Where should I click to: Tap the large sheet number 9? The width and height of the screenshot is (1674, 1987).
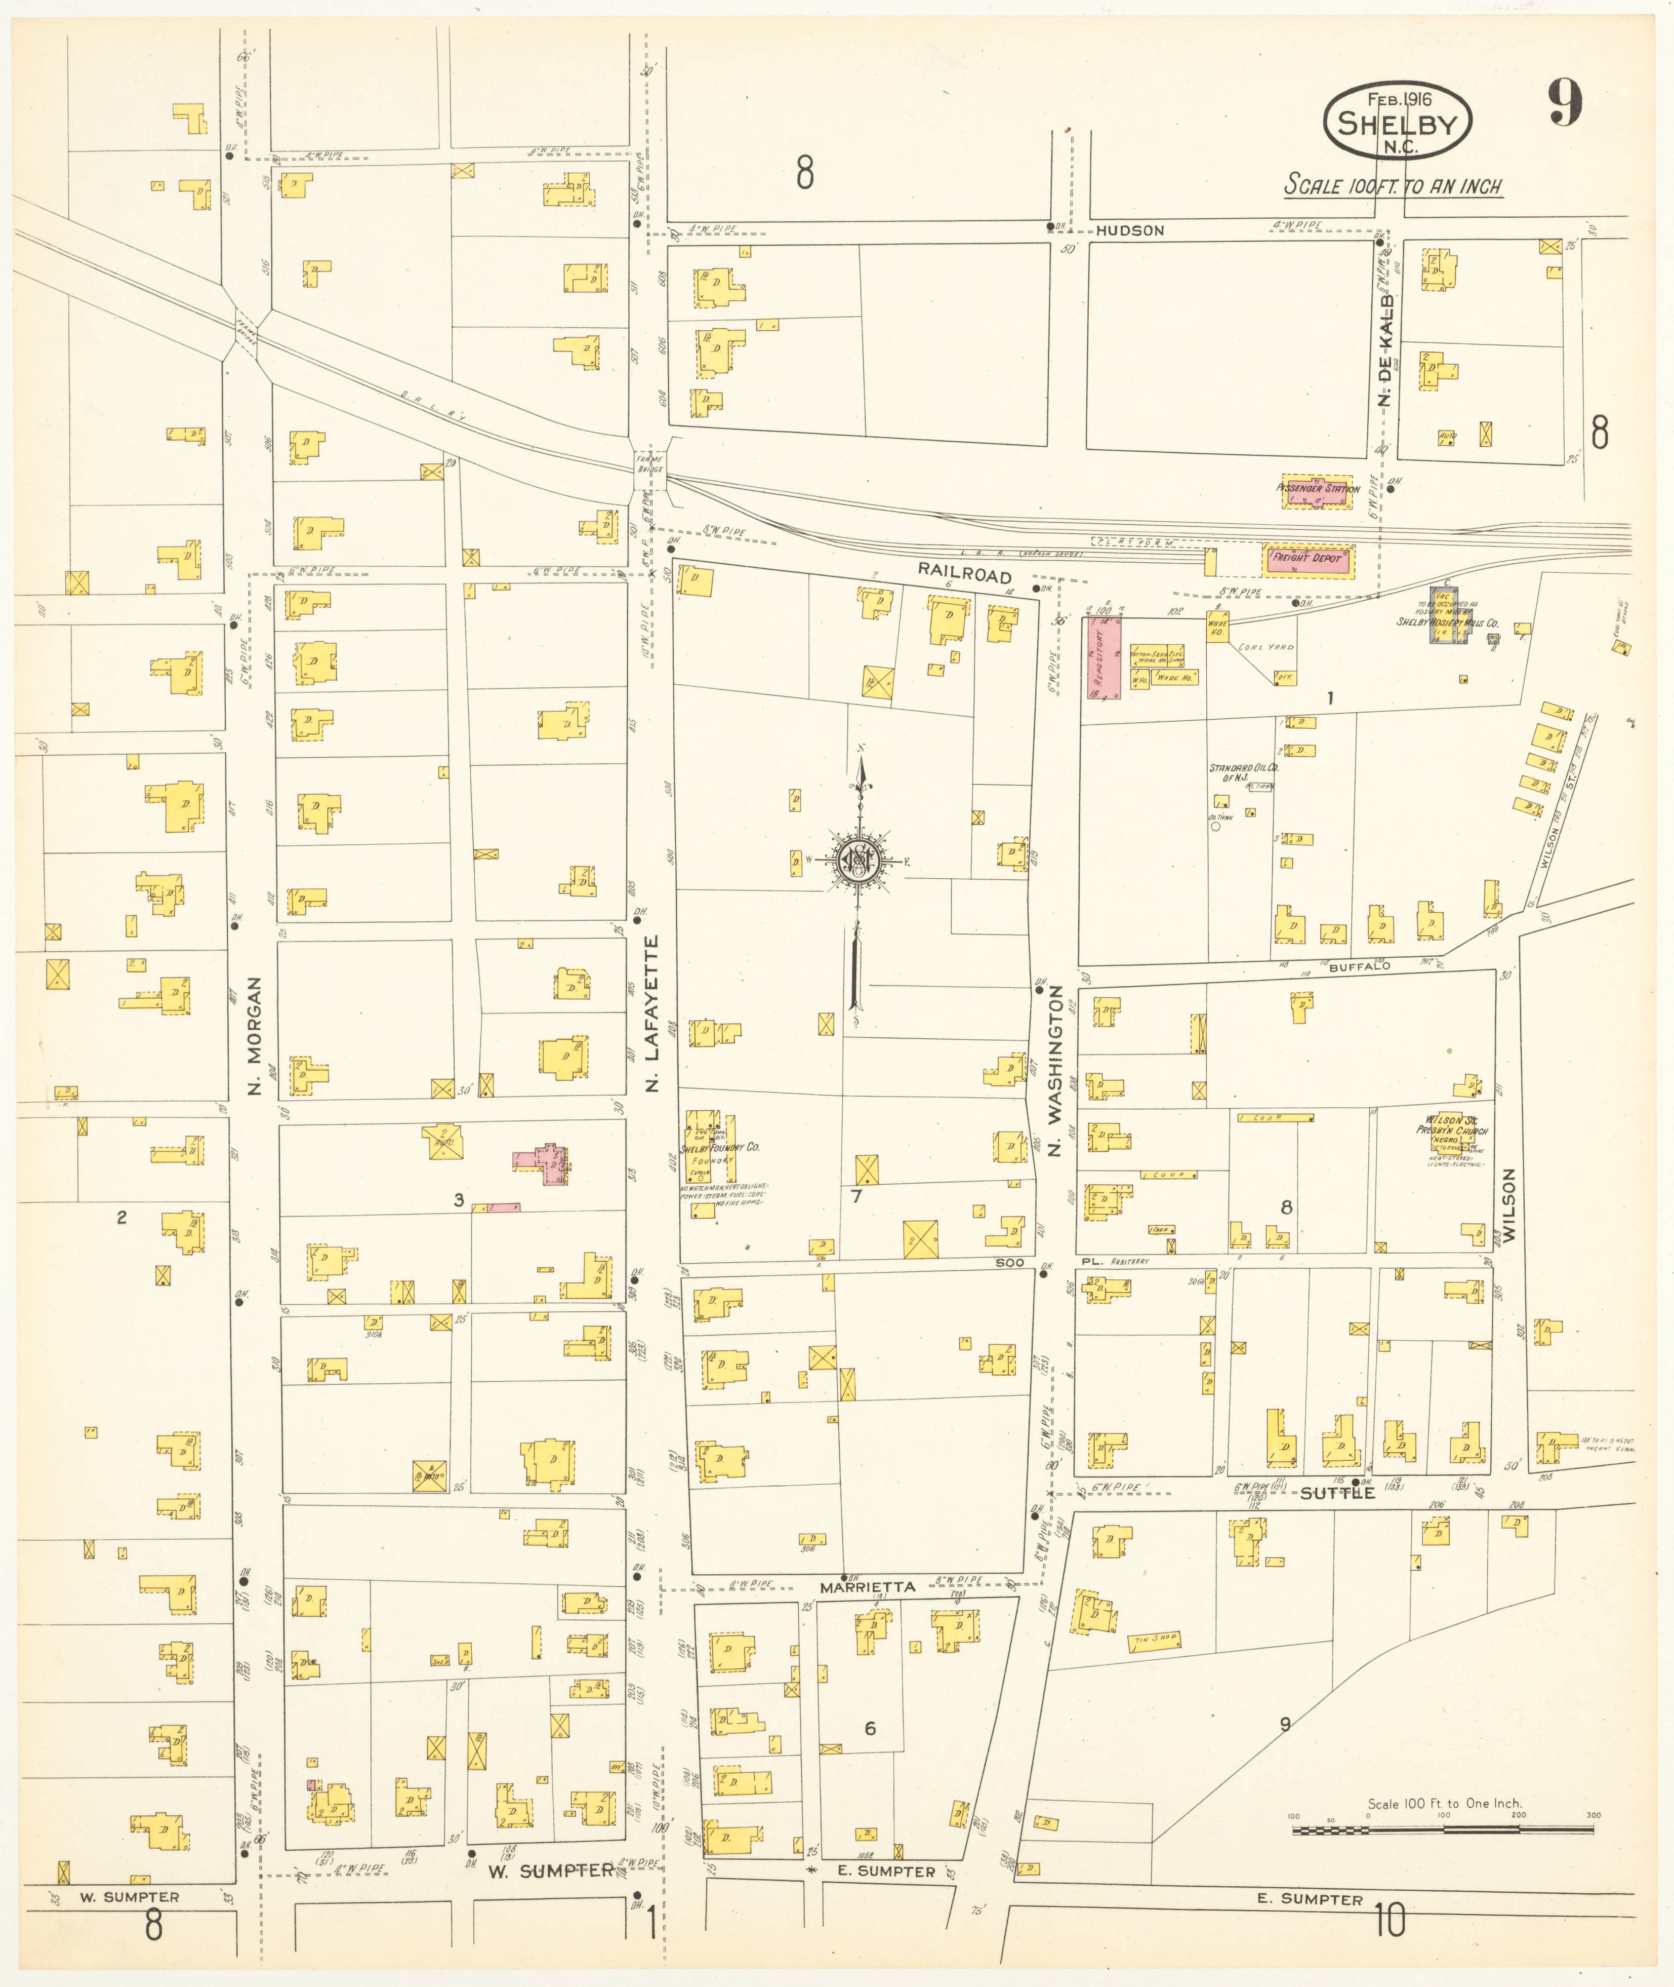click(1565, 102)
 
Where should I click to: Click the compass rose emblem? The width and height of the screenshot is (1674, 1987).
click(859, 861)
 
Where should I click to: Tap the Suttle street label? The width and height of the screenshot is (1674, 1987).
click(1336, 1493)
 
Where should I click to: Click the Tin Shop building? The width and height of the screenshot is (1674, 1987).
click(1154, 1640)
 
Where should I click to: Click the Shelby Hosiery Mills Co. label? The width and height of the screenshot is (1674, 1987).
click(1446, 623)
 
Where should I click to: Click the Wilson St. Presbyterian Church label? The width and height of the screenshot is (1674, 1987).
click(1452, 1126)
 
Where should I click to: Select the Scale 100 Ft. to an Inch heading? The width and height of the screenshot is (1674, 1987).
click(1392, 186)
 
